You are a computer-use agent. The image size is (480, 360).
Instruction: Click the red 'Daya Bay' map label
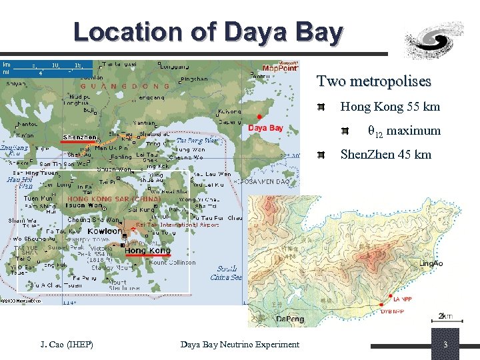click(x=265, y=127)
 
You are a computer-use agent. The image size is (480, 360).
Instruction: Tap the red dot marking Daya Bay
click(x=259, y=117)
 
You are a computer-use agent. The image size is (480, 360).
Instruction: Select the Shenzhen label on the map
click(x=79, y=137)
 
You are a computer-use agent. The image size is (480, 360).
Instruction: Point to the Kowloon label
click(x=105, y=231)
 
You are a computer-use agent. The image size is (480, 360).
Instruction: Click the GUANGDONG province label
click(x=125, y=86)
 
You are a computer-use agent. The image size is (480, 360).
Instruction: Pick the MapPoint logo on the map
click(x=280, y=67)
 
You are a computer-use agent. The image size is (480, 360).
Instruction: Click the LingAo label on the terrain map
click(x=430, y=264)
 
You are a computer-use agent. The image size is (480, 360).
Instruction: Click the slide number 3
click(x=445, y=344)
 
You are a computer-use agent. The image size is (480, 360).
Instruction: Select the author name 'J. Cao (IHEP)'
click(x=67, y=344)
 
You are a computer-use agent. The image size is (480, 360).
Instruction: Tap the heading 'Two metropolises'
click(x=373, y=81)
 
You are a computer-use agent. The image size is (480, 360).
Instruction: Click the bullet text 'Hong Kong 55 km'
click(x=390, y=107)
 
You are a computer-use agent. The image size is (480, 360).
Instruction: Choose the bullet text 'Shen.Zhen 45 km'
click(x=385, y=155)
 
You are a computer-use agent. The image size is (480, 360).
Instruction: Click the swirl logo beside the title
click(x=435, y=38)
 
